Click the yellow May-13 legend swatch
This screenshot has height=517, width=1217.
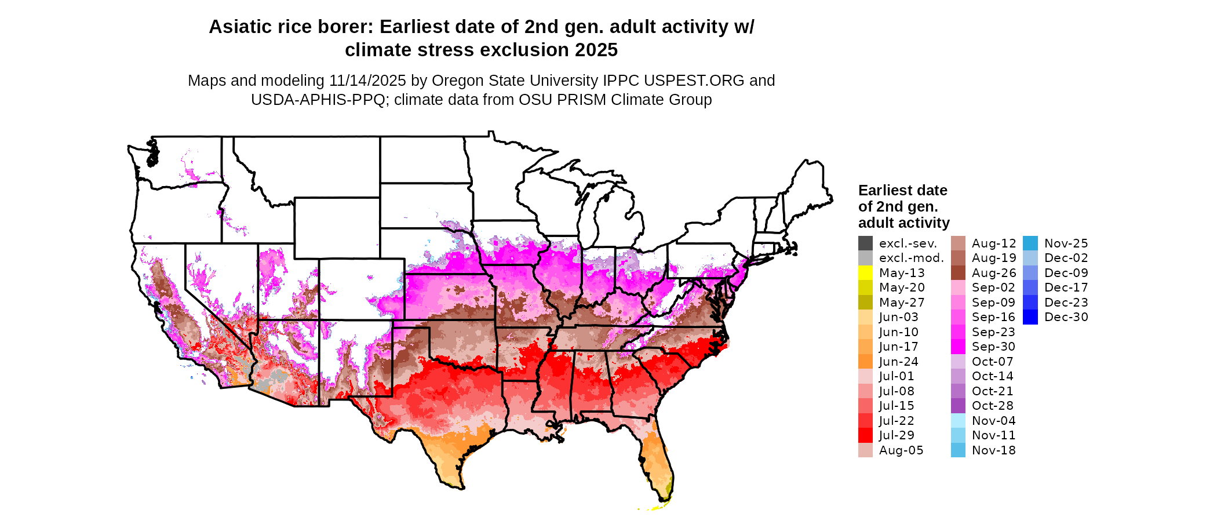pyautogui.click(x=865, y=272)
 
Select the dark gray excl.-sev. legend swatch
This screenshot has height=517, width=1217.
pyautogui.click(x=865, y=243)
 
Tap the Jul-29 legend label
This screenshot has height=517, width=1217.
pyautogui.click(x=897, y=435)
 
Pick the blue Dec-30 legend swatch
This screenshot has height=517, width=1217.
pyautogui.click(x=1030, y=317)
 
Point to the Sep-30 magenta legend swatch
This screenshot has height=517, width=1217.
pyautogui.click(x=958, y=347)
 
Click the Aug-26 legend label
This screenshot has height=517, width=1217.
pyautogui.click(x=993, y=273)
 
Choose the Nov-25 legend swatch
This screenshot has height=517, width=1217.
pyautogui.click(x=1030, y=243)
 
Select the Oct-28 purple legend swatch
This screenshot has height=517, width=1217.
pyautogui.click(x=958, y=406)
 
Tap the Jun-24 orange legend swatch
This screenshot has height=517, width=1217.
pyautogui.click(x=865, y=362)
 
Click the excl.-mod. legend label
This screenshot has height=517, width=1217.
pyautogui.click(x=911, y=258)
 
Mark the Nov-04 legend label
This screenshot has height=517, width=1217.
pyautogui.click(x=993, y=421)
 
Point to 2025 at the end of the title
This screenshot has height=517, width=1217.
pyautogui.click(x=596, y=50)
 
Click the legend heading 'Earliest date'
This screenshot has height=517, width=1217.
pyautogui.click(x=902, y=190)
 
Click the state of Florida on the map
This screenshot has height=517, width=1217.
pyautogui.click(x=658, y=458)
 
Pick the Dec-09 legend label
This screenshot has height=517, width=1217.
pyautogui.click(x=1066, y=273)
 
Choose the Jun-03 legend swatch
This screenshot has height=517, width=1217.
pyautogui.click(x=865, y=317)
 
